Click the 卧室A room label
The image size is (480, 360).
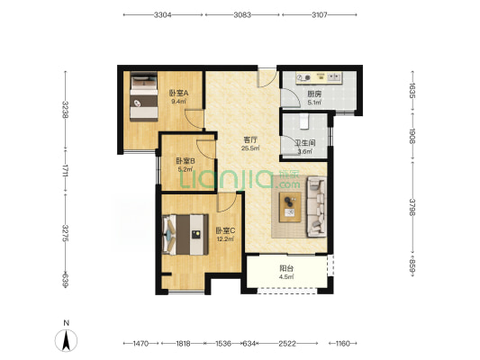pyautogui.click(x=178, y=94)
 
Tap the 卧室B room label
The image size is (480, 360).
pyautogui.click(x=186, y=161)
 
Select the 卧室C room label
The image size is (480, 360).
pyautogui.click(x=225, y=230)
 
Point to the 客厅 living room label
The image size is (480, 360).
pyautogui.click(x=250, y=140)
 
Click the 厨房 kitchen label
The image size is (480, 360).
pyautogui.click(x=314, y=94)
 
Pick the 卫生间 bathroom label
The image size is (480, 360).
pyautogui.click(x=305, y=143)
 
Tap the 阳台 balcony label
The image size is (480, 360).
pyautogui.click(x=286, y=268)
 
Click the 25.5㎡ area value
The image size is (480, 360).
pyautogui.click(x=250, y=148)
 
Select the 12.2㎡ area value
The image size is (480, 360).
pyautogui.click(x=225, y=239)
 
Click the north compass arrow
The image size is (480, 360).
pyautogui.click(x=66, y=341)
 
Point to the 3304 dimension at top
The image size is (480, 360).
pyautogui.click(x=162, y=14)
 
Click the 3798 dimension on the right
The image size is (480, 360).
pyautogui.click(x=412, y=207)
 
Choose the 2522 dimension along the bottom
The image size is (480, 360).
pyautogui.click(x=287, y=344)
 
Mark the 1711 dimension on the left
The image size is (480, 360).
pyautogui.click(x=65, y=171)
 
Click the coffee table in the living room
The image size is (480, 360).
pyautogui.click(x=290, y=207)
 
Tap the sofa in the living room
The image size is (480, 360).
pyautogui.click(x=316, y=207)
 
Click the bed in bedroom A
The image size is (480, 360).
pyautogui.click(x=144, y=96)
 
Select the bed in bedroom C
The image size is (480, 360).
pyautogui.click(x=186, y=235)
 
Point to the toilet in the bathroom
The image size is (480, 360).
pyautogui.click(x=304, y=121)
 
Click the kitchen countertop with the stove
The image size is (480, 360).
pyautogui.click(x=319, y=77)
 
